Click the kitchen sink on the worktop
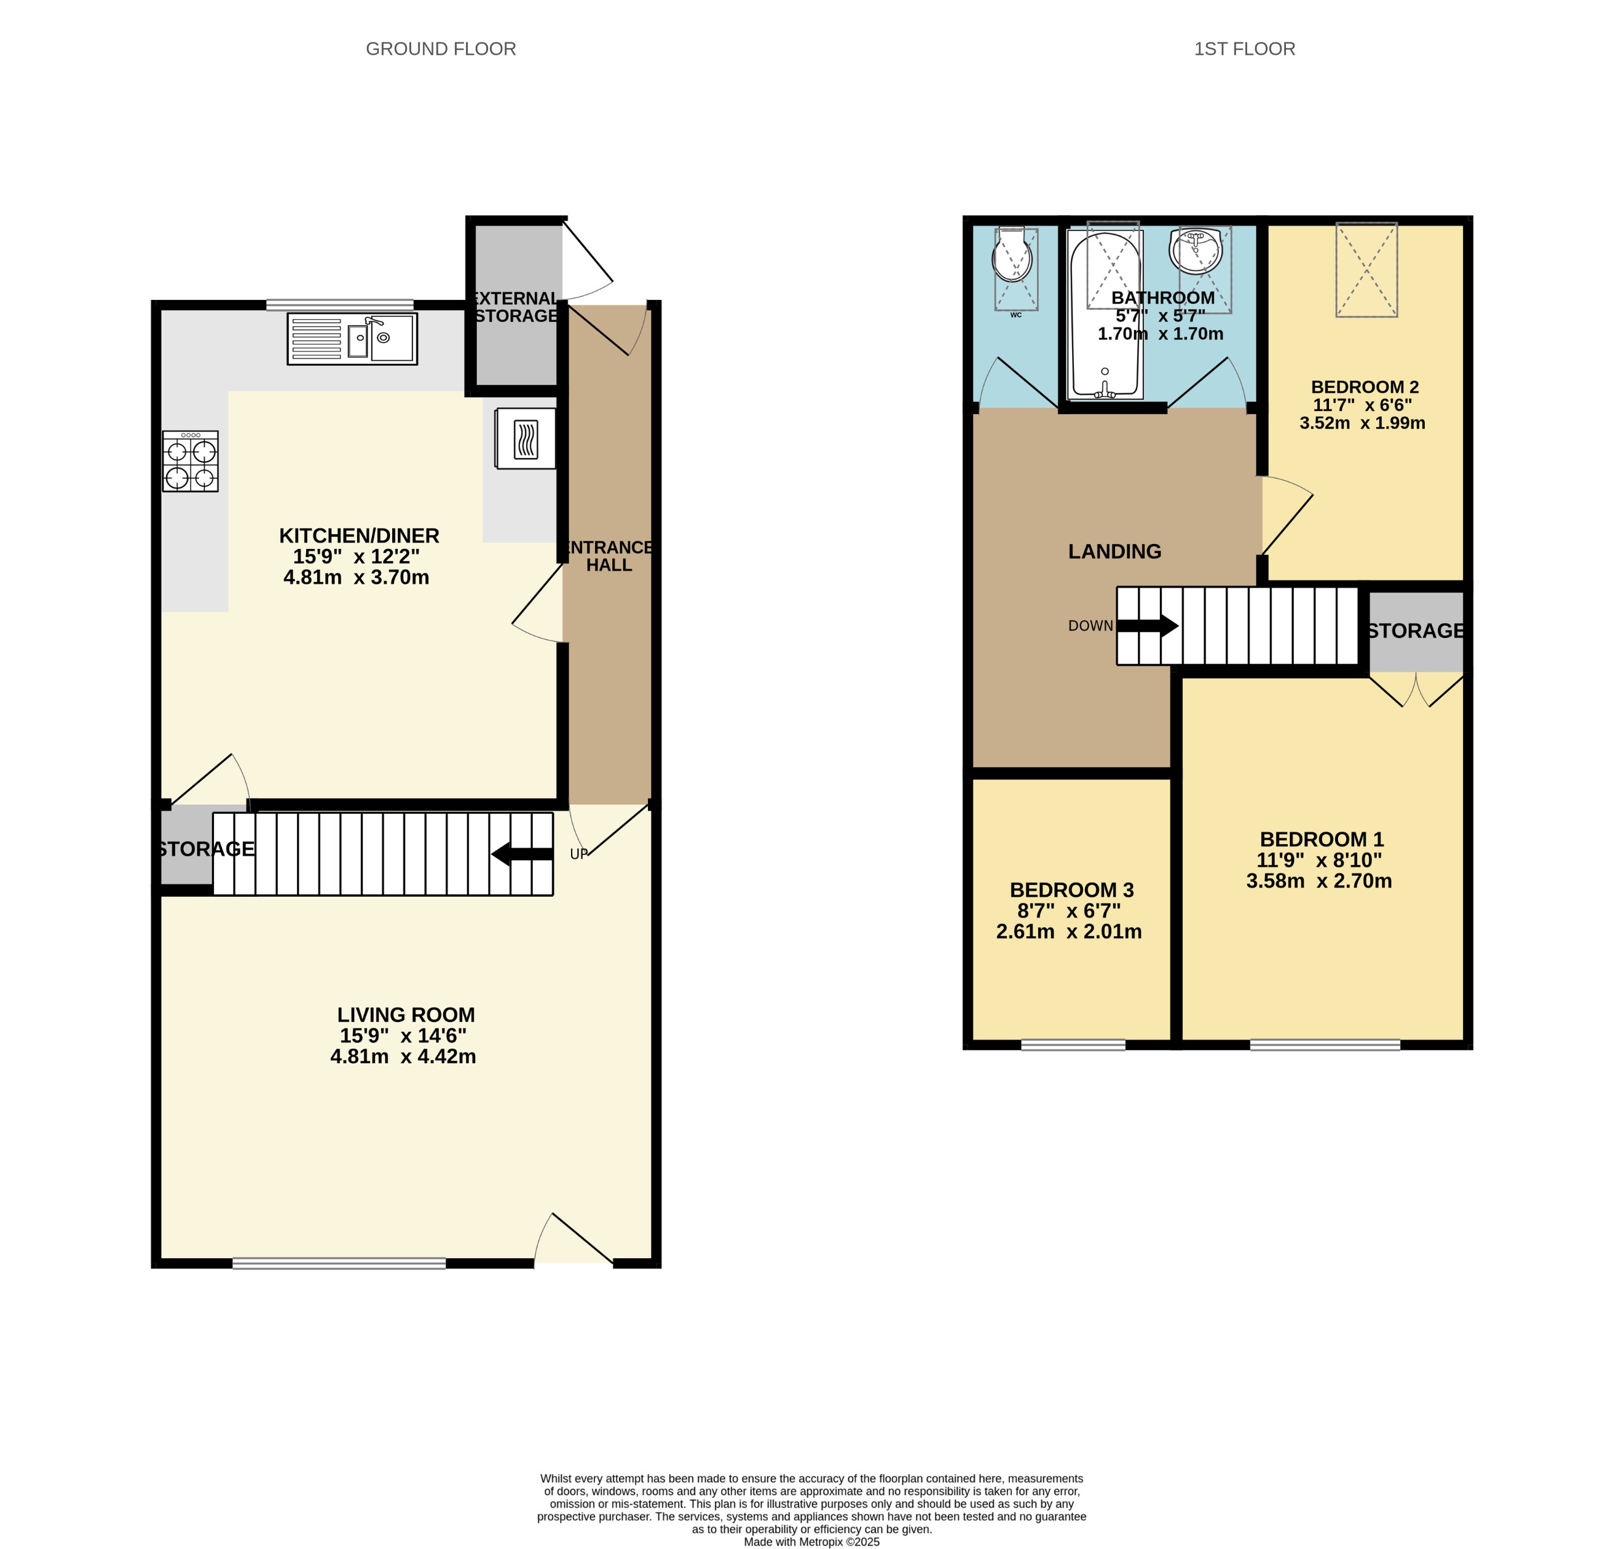tap(352, 339)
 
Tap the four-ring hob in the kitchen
tap(190, 462)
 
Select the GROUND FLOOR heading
tap(441, 49)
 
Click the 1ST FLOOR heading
tap(1244, 49)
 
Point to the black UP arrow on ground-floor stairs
tap(522, 854)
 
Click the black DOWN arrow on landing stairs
tap(1148, 626)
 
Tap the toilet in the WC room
tap(1013, 258)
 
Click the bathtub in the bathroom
tap(1105, 313)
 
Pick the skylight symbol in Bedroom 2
tap(1366, 269)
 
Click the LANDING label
tap(1114, 551)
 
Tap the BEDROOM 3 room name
tap(1071, 890)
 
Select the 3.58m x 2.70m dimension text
tap(1319, 881)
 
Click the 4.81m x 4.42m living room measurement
tap(403, 1057)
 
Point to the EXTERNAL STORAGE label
tap(515, 307)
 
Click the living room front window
tap(339, 1263)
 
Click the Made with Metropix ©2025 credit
tap(811, 1542)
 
